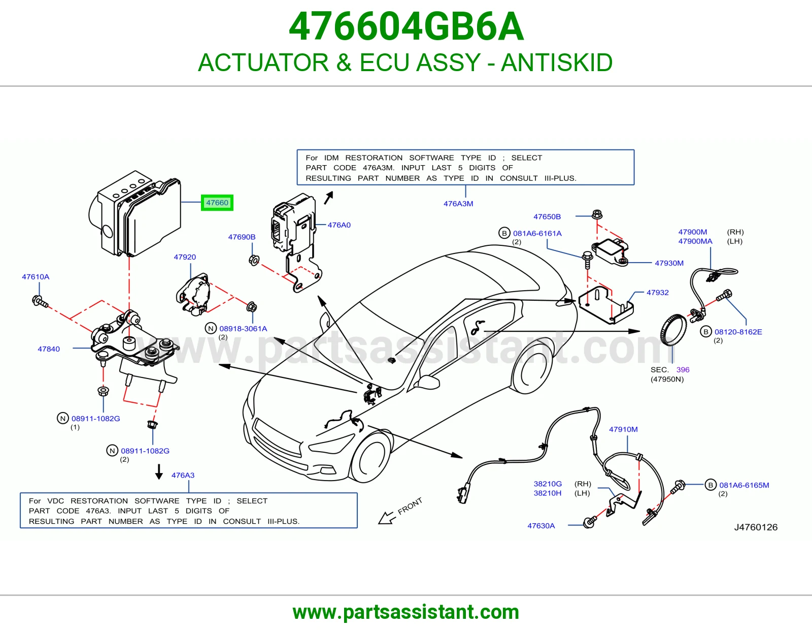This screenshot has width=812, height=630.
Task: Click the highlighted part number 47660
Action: (217, 203)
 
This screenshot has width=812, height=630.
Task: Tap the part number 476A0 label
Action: (339, 225)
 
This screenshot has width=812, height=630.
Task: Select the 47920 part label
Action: (185, 257)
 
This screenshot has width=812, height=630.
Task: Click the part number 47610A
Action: (36, 277)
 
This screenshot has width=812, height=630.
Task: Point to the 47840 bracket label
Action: (49, 349)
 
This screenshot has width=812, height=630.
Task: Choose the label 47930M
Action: (669, 263)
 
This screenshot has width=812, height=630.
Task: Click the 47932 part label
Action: (657, 293)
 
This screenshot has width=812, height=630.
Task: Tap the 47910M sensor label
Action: (623, 429)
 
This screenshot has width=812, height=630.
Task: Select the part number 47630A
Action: (541, 526)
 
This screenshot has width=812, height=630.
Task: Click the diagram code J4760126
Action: (756, 527)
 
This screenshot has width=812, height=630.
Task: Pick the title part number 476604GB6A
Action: (406, 26)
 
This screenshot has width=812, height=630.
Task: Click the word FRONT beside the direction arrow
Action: (410, 506)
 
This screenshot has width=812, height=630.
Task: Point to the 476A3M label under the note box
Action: (458, 204)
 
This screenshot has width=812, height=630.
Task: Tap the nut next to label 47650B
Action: (597, 215)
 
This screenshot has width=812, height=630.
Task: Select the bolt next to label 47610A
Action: (40, 301)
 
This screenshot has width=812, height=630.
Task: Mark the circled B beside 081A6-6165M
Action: (710, 485)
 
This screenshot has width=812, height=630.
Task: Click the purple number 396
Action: (683, 370)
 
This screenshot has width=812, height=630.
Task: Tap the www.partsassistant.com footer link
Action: (406, 612)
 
